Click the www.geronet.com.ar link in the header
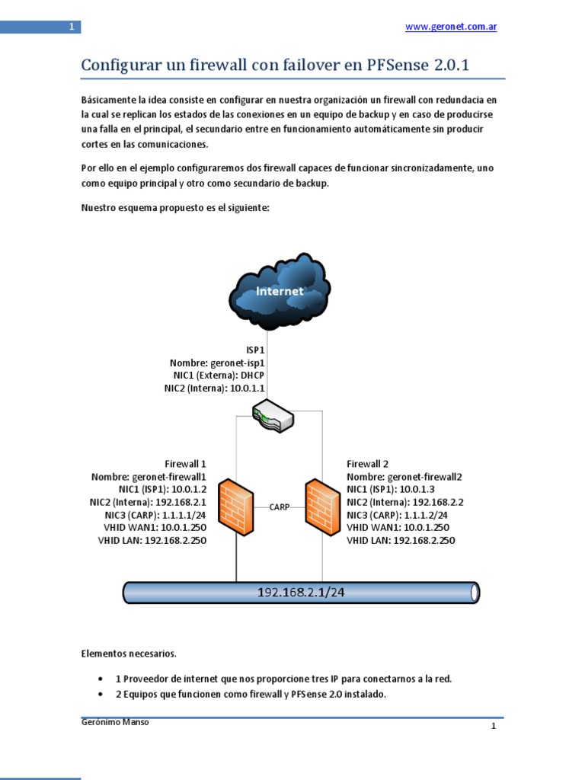[x=451, y=27]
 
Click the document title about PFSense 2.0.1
[x=275, y=66]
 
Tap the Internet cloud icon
[x=280, y=290]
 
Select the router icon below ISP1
[x=273, y=416]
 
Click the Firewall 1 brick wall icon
[x=235, y=507]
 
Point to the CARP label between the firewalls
[x=279, y=506]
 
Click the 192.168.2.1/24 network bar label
[x=302, y=592]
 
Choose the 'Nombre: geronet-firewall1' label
[x=149, y=477]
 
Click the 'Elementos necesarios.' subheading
[x=128, y=653]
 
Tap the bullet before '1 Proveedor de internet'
[x=102, y=679]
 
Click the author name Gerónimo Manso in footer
[x=115, y=722]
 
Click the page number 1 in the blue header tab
[x=71, y=27]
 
